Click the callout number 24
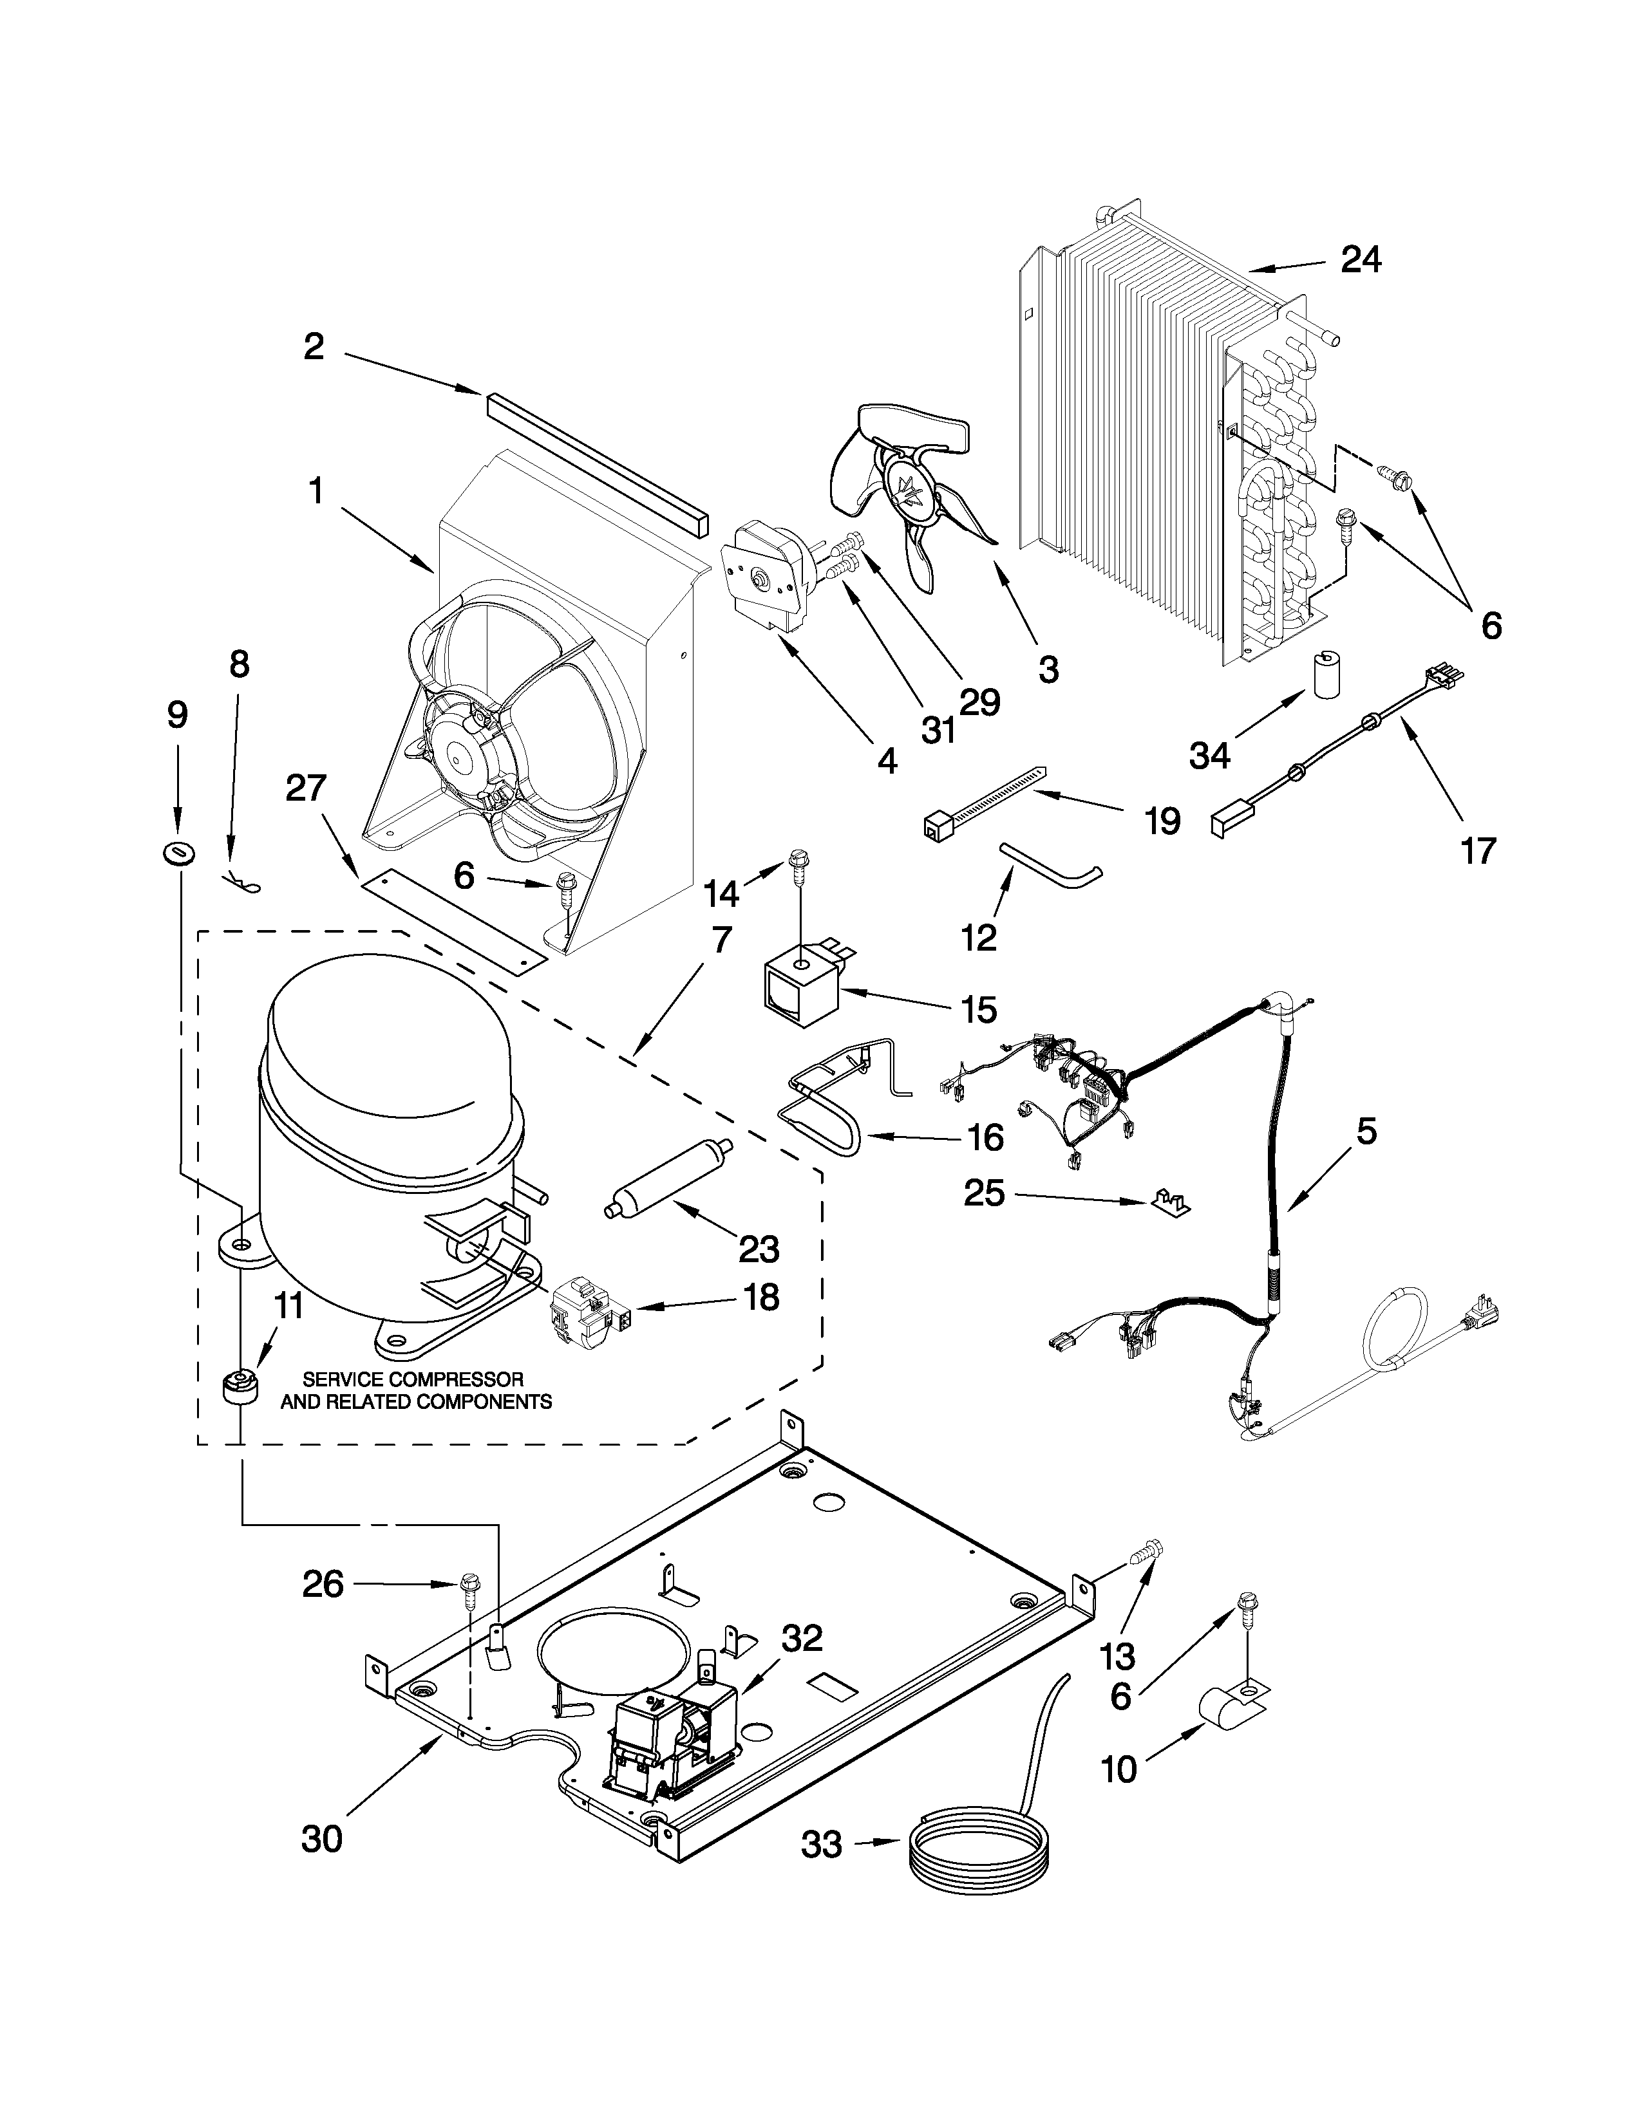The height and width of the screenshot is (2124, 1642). pyautogui.click(x=1361, y=259)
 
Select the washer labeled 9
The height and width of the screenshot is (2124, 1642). pyautogui.click(x=178, y=853)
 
